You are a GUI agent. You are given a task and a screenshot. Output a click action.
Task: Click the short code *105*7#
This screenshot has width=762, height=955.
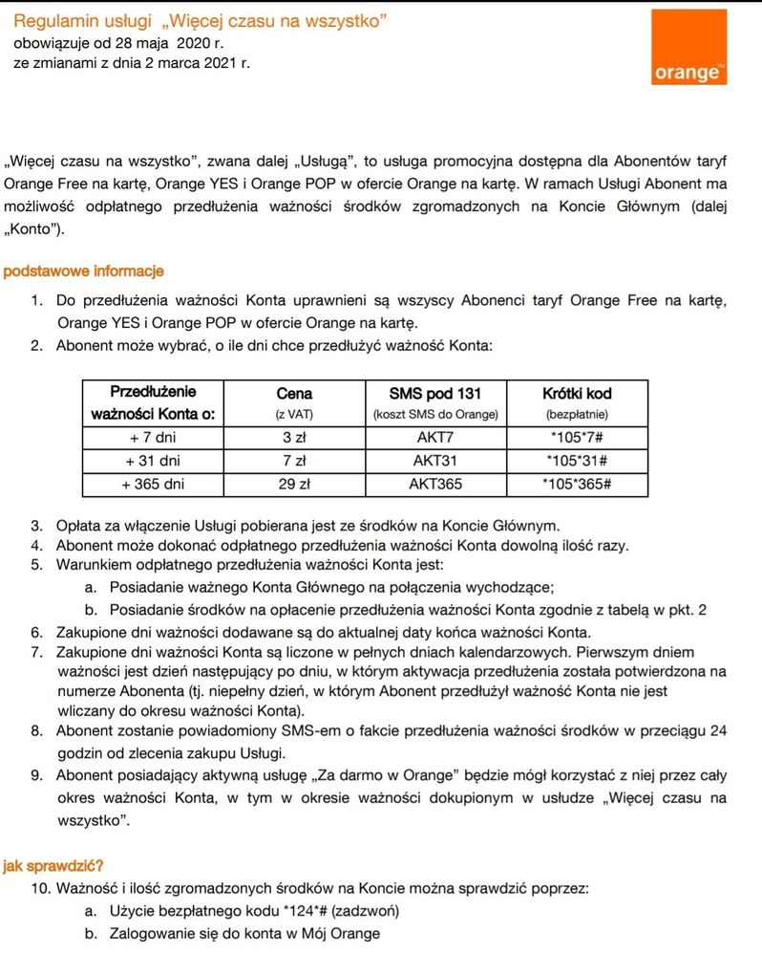(x=576, y=437)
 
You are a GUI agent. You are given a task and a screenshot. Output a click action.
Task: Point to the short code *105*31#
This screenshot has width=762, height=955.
(x=576, y=461)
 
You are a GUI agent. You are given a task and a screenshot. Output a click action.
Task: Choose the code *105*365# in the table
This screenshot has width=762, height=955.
(x=576, y=485)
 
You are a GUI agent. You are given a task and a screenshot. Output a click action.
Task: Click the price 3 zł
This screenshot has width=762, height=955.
(x=293, y=437)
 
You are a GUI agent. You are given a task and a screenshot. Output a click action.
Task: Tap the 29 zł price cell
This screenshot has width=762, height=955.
(x=293, y=485)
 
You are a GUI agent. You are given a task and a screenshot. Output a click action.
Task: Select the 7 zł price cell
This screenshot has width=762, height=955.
(x=293, y=461)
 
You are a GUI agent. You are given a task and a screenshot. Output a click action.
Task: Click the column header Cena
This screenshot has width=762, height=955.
(x=293, y=393)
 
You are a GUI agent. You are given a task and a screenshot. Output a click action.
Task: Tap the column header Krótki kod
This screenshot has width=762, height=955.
(x=576, y=393)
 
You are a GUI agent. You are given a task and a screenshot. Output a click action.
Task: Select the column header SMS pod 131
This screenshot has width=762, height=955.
(x=435, y=393)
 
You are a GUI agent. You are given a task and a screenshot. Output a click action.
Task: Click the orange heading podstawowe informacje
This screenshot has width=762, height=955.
(x=84, y=272)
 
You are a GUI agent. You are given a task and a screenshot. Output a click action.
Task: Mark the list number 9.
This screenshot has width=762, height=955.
(x=35, y=775)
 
